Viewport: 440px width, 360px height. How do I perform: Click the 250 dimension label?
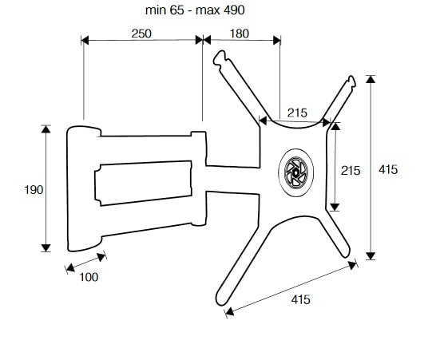[141, 34]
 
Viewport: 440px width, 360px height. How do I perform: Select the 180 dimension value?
[240, 34]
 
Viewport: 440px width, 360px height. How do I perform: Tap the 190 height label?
[34, 190]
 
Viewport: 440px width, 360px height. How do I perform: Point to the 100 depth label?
[89, 277]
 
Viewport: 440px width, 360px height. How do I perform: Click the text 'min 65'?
[165, 10]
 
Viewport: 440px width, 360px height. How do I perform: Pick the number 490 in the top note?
[234, 10]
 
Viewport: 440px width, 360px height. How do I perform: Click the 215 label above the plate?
[297, 113]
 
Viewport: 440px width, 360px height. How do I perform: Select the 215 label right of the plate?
[351, 171]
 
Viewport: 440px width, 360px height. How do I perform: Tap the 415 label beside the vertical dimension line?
[388, 169]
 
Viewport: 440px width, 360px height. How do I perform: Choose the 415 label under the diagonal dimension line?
[301, 299]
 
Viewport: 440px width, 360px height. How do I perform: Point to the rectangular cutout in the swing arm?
[144, 184]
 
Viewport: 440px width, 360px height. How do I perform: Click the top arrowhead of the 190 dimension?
[46, 129]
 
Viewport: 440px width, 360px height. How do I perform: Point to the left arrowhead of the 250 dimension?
[85, 40]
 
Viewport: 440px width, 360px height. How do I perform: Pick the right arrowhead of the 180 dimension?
[276, 40]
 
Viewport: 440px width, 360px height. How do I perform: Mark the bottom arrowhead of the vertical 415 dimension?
[371, 256]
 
